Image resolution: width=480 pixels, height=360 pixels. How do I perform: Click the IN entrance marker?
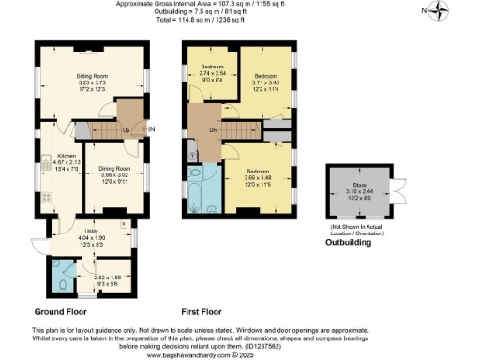pyautogui.click(x=151, y=129)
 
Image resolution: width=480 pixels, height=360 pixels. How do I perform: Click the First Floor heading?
pyautogui.click(x=205, y=310)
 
